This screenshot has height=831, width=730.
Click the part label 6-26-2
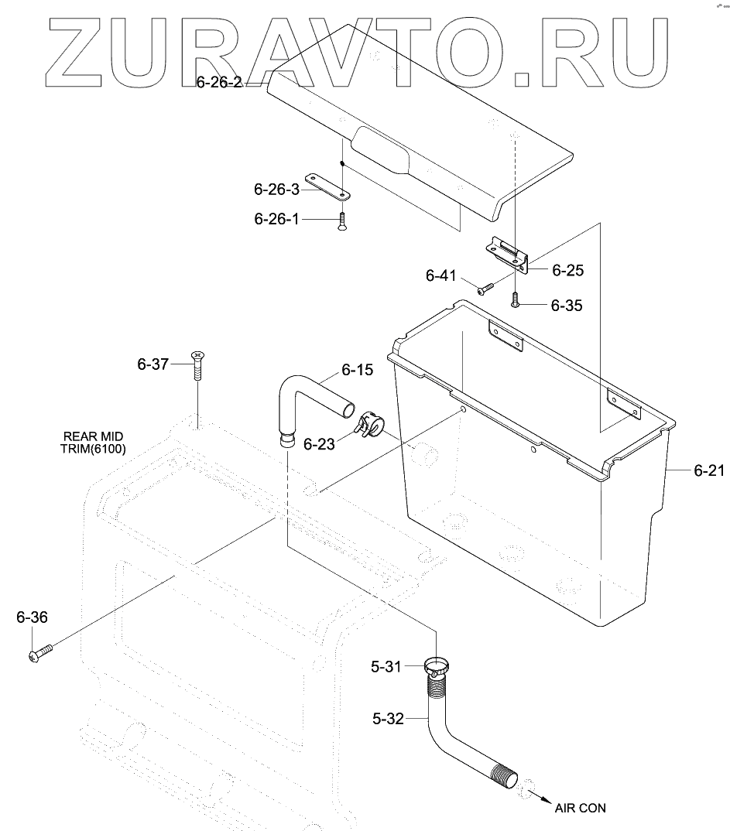pyautogui.click(x=219, y=80)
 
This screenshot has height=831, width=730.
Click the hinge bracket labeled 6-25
pyautogui.click(x=507, y=255)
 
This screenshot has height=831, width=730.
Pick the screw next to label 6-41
pyautogui.click(x=485, y=288)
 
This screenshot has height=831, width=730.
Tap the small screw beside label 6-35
pyautogui.click(x=516, y=303)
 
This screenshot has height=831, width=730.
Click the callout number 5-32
pyautogui.click(x=388, y=718)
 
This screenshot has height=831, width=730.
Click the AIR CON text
pyautogui.click(x=580, y=808)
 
